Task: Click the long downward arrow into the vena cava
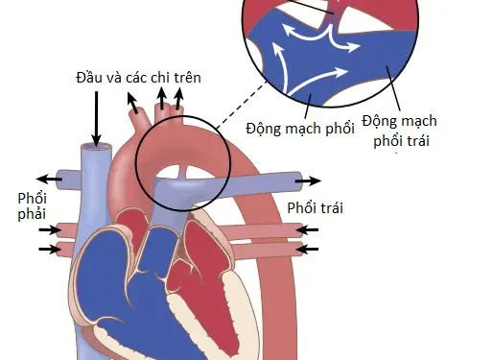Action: (96, 120)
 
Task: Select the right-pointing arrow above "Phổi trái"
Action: (308, 180)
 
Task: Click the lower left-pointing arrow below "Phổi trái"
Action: (308, 249)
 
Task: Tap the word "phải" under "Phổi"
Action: (32, 216)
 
